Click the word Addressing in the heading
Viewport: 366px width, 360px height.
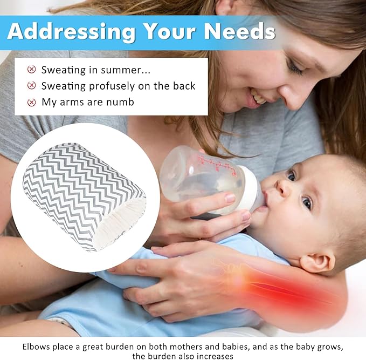(x=71, y=31)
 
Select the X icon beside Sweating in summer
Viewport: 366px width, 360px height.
(x=32, y=70)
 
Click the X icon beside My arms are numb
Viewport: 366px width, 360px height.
(x=32, y=102)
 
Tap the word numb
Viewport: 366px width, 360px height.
(x=122, y=102)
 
